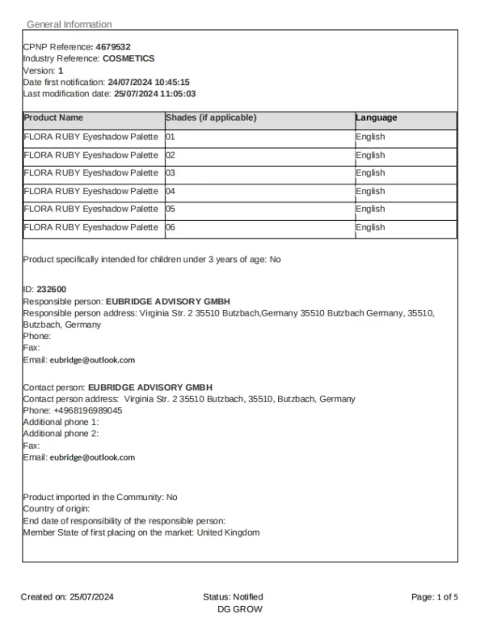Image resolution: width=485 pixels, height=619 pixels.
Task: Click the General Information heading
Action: tap(69, 24)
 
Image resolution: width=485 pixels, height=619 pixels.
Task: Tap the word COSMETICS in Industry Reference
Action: tap(129, 58)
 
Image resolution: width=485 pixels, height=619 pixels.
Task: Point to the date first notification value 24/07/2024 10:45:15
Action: tap(149, 82)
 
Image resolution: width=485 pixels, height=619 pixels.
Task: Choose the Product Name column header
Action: tap(53, 118)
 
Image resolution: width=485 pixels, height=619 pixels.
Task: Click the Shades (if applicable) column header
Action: tap(211, 118)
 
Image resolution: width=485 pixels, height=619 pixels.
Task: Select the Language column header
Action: tap(376, 118)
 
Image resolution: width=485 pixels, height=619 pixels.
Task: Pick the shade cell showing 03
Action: tap(171, 173)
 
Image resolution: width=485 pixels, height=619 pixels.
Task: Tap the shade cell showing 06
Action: tap(171, 227)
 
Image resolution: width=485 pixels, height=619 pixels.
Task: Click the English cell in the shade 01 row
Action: tap(370, 137)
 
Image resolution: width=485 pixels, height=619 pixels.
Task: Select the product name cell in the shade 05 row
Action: tap(91, 209)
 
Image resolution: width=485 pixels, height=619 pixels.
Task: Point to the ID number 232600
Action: tap(52, 289)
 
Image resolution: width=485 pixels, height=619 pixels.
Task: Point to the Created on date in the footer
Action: tap(68, 597)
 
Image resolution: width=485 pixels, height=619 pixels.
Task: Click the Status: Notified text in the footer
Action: tap(233, 597)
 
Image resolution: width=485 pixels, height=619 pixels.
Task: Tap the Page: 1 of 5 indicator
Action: tap(434, 597)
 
